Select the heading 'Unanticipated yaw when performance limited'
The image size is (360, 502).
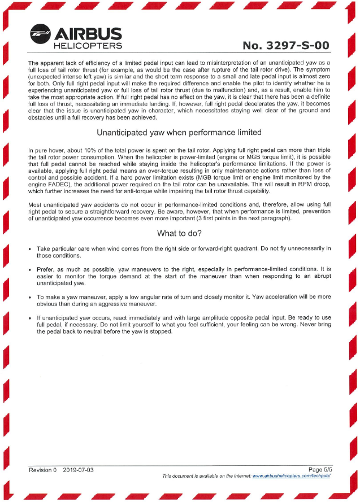[179, 133]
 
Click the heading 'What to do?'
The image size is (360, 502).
[179, 233]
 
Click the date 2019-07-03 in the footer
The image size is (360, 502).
[79, 470]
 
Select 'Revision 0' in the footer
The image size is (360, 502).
[43, 470]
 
